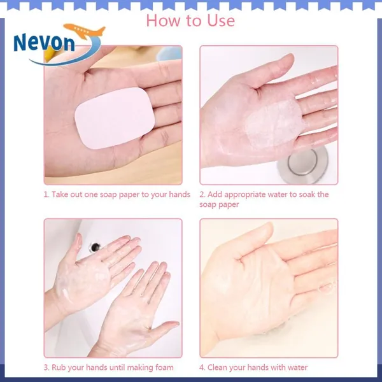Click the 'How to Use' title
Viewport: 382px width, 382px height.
190,20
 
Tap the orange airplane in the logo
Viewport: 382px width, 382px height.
85,31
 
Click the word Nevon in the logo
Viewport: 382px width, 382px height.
44,43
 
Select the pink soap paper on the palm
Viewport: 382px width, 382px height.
115,118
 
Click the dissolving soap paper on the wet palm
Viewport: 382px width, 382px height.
274,124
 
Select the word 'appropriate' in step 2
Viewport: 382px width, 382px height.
245,195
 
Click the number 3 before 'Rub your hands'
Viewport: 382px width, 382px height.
46,367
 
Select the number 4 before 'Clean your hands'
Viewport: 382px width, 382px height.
201,367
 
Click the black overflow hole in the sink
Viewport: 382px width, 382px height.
94,247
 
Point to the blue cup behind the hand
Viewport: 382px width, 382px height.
169,53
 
